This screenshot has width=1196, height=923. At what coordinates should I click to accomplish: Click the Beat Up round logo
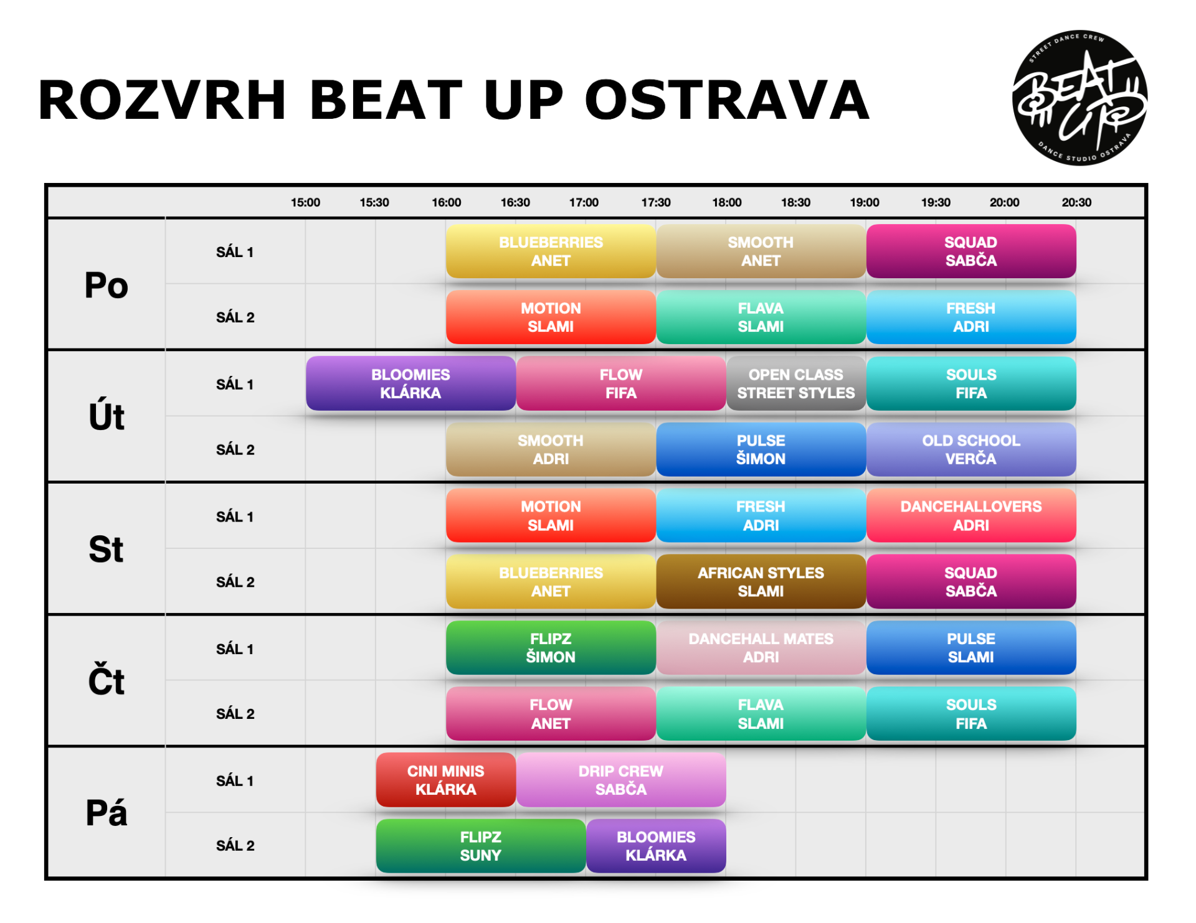tap(1080, 98)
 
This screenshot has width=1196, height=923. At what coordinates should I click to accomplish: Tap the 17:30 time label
tap(656, 202)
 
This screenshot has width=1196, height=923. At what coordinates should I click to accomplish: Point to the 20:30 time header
tap(1076, 202)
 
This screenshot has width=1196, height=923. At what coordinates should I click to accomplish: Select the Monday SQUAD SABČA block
tap(971, 251)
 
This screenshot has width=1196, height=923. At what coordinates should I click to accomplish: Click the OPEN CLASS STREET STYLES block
tap(796, 383)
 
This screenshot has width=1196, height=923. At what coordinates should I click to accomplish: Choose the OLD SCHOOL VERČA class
tap(971, 449)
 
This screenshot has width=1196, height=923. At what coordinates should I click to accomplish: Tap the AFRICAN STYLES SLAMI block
tap(761, 581)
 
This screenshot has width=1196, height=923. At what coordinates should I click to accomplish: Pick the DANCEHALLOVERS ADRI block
tap(971, 515)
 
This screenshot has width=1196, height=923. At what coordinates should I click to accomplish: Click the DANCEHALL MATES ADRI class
tap(761, 647)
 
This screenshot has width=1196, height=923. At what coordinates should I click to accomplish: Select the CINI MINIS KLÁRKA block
tap(446, 780)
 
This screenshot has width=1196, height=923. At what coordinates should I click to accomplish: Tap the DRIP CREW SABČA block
tap(621, 780)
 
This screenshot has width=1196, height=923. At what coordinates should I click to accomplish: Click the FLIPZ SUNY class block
tap(481, 846)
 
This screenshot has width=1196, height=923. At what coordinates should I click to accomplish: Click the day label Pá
tap(107, 812)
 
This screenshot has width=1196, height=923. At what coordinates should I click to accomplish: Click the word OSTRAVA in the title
tap(726, 100)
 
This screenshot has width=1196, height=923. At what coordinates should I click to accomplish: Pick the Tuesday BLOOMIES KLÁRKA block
tap(411, 383)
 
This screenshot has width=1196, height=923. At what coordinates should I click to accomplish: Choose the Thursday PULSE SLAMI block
tap(971, 647)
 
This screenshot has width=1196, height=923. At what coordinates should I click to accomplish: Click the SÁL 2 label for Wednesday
tap(235, 582)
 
